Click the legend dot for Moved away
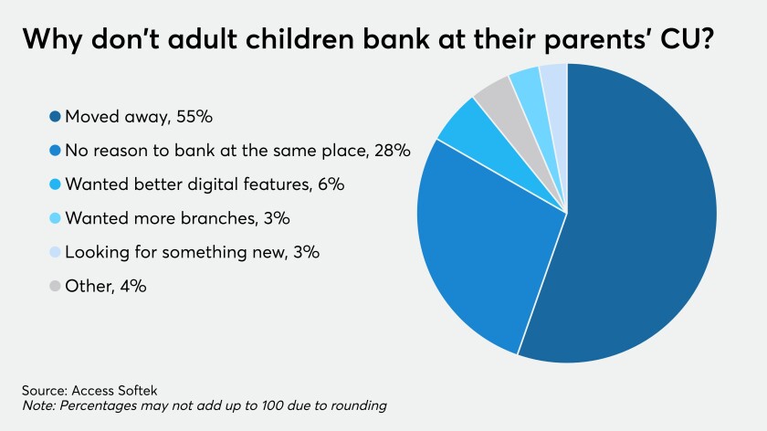[x=55, y=117]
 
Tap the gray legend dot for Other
[x=55, y=286]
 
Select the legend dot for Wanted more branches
[x=55, y=218]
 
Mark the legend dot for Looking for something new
[x=55, y=252]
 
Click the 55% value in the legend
[x=194, y=117]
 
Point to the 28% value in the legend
[x=393, y=151]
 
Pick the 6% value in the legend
[x=331, y=184]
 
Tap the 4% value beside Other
[x=133, y=286]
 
